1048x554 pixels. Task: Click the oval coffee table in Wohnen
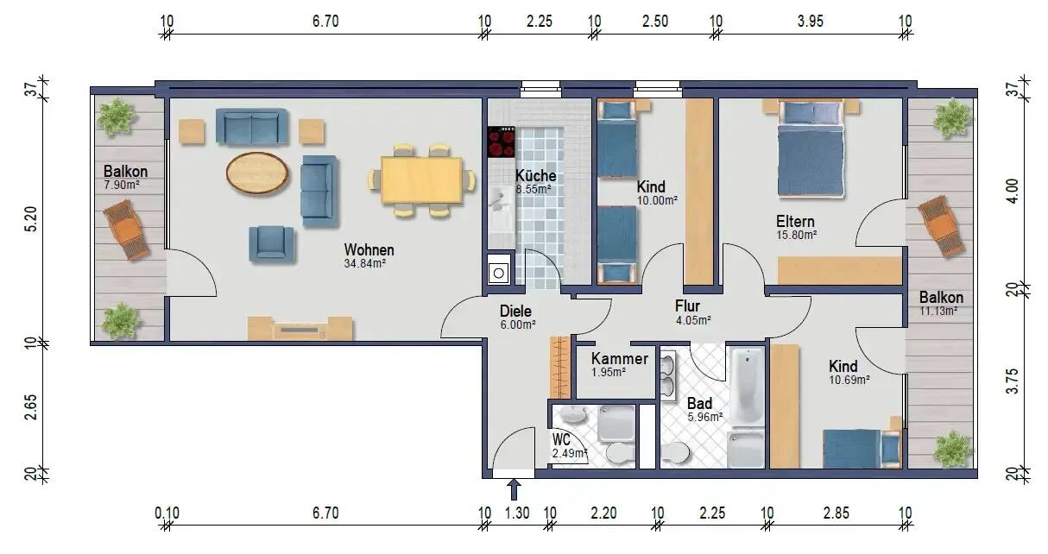(257, 173)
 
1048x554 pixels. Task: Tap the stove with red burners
(501, 142)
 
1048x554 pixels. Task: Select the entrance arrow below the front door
(514, 490)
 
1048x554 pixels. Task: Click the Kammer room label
(619, 359)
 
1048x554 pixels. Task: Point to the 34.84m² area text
(364, 264)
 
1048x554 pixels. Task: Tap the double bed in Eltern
(810, 155)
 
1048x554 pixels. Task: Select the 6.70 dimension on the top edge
(325, 22)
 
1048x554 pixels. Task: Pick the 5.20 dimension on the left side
(32, 215)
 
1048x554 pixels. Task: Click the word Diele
(515, 312)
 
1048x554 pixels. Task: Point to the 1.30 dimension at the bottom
(516, 513)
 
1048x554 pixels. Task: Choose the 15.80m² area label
(795, 234)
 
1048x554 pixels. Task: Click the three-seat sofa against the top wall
(251, 128)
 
